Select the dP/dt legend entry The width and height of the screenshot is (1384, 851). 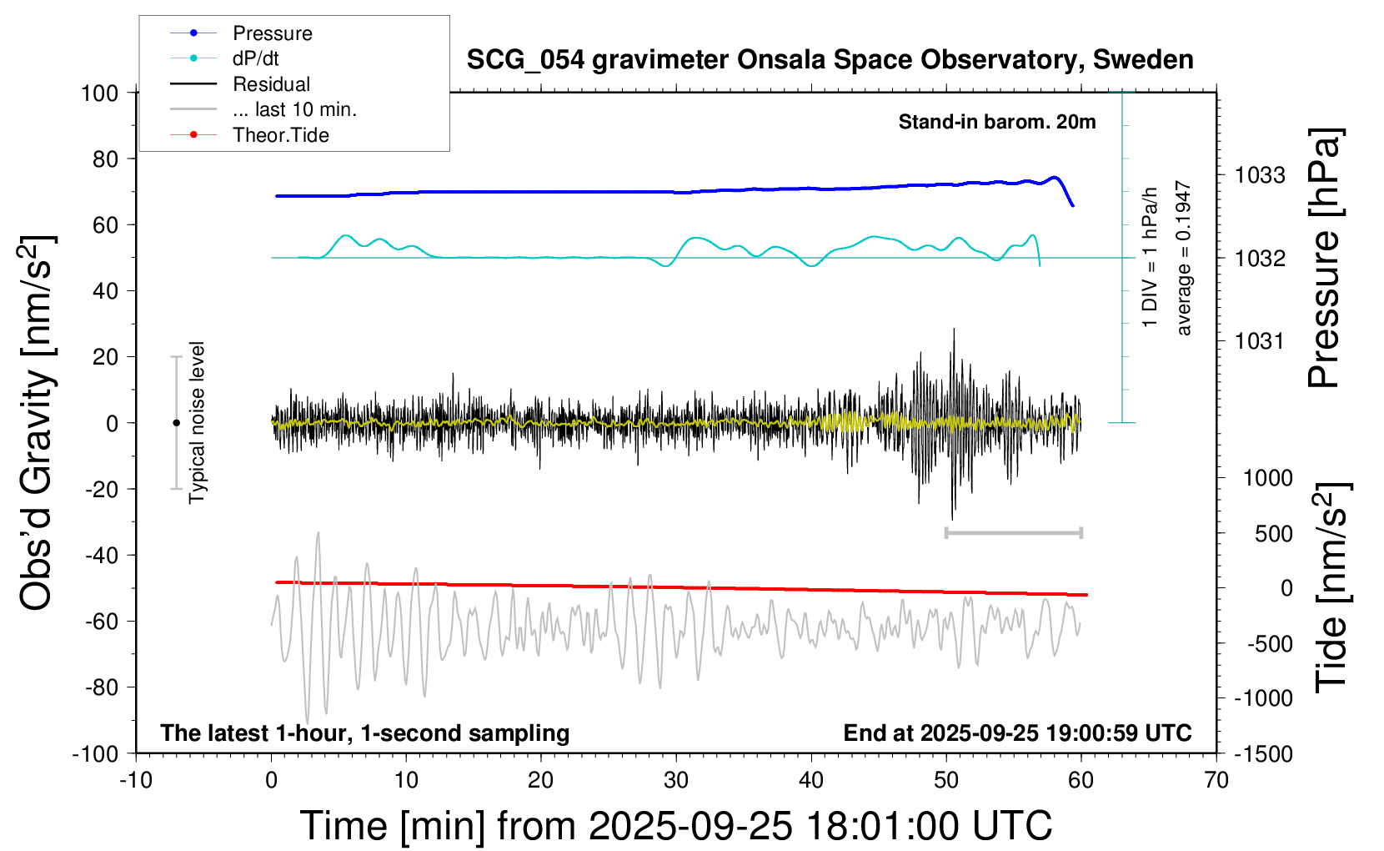pyautogui.click(x=255, y=58)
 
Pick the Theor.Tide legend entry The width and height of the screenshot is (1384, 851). pyautogui.click(x=280, y=135)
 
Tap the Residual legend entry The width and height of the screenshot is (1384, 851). pyautogui.click(x=271, y=84)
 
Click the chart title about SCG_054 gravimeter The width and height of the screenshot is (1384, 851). pyautogui.click(x=830, y=60)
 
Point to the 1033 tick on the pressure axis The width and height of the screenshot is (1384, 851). pyautogui.click(x=1260, y=175)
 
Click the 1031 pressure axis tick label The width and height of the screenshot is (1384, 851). pyautogui.click(x=1260, y=340)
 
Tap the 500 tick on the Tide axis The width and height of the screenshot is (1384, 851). pyautogui.click(x=1273, y=534)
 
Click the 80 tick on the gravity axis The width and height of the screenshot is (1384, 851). pyautogui.click(x=105, y=159)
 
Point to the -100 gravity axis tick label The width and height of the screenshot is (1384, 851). pyautogui.click(x=96, y=754)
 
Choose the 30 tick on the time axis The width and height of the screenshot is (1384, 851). pyautogui.click(x=676, y=781)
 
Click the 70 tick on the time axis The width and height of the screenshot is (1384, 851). pyautogui.click(x=1216, y=781)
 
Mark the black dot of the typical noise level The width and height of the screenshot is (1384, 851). pyautogui.click(x=176, y=423)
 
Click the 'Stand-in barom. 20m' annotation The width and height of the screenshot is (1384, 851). pyautogui.click(x=997, y=123)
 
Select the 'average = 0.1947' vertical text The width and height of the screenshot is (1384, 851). pyautogui.click(x=1184, y=259)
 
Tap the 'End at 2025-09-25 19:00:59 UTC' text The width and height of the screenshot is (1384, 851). pyautogui.click(x=1017, y=733)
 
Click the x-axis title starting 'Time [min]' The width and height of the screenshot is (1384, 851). pyautogui.click(x=675, y=826)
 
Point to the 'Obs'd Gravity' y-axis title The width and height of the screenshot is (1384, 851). pyautogui.click(x=38, y=423)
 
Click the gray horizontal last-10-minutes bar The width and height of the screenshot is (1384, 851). pyautogui.click(x=1014, y=532)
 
